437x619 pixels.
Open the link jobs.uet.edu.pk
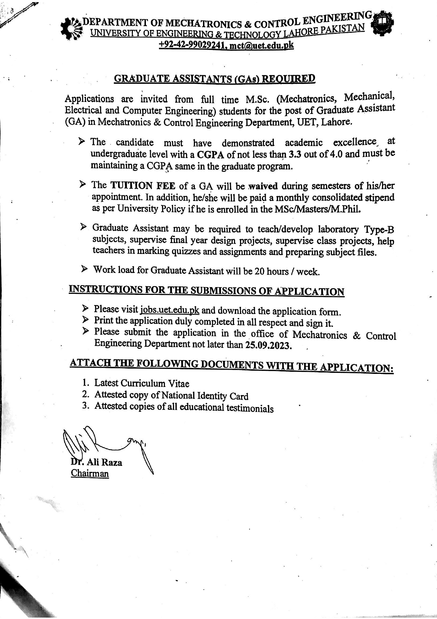coord(170,310)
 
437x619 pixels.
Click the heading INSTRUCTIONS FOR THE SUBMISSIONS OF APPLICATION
coord(207,291)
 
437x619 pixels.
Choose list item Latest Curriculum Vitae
coord(142,383)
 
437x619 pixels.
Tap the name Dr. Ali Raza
coord(97,462)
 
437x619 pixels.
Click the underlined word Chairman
coord(90,473)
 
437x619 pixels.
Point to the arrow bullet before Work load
coord(84,269)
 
